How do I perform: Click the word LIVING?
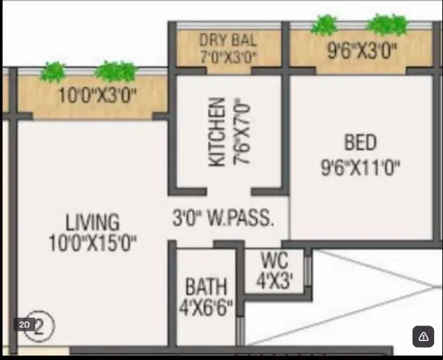tap(93, 222)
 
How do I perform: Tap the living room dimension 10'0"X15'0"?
tap(93, 243)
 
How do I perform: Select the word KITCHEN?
tap(217, 132)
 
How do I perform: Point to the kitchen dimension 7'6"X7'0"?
tap(242, 132)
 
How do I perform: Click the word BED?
tap(360, 142)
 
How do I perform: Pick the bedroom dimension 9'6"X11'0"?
tap(361, 167)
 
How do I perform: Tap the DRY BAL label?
tap(228, 40)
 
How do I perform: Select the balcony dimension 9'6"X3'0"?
tap(362, 51)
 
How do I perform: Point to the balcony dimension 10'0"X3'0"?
tap(97, 95)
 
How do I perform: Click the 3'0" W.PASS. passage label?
tap(223, 218)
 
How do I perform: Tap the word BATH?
tap(206, 286)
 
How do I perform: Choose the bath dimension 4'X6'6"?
tap(206, 308)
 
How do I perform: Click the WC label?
tap(275, 260)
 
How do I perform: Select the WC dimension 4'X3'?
tap(275, 281)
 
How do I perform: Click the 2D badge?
tap(24, 325)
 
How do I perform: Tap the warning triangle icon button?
tap(423, 336)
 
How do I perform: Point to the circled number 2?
tap(39, 326)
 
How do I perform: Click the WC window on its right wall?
tap(308, 271)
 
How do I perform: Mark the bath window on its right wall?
tap(240, 331)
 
